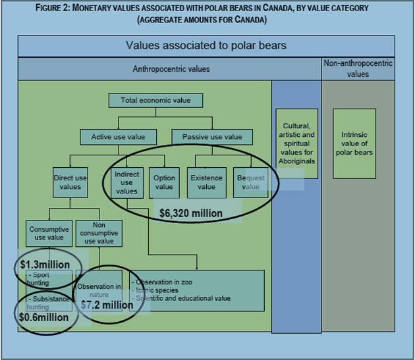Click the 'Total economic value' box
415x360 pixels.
coord(155,101)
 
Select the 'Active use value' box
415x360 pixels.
coord(118,137)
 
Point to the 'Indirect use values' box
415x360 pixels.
coord(126,182)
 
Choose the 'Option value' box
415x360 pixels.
coord(164,182)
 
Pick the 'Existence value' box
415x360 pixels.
coord(206,182)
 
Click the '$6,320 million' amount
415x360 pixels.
coord(191,213)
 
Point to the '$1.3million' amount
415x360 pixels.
coord(45,265)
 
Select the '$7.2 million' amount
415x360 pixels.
coord(107,305)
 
